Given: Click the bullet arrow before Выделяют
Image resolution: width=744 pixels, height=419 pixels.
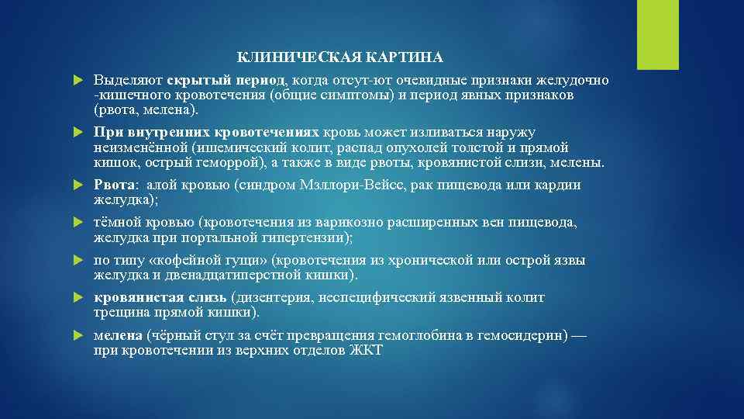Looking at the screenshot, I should coord(77,81).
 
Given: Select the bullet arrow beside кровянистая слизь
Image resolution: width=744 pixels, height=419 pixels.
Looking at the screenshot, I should coord(77,298).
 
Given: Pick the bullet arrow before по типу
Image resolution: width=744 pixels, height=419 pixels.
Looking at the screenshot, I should coord(77,260).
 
